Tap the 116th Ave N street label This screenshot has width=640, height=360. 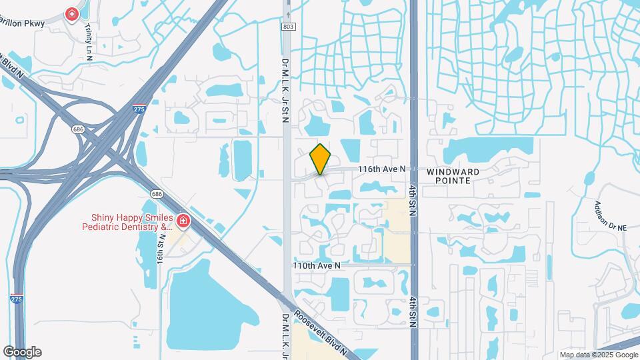[x=381, y=169]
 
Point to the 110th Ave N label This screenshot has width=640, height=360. [x=317, y=265]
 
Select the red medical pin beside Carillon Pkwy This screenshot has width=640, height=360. [x=71, y=14]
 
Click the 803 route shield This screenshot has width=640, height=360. [x=287, y=26]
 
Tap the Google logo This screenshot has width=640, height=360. [x=23, y=351]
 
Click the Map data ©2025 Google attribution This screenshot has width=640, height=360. [x=597, y=355]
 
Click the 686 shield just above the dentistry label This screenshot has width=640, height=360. [x=157, y=194]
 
